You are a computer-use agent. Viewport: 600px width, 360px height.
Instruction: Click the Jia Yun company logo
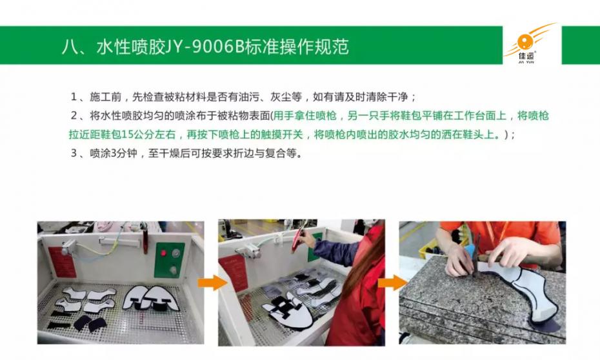tap(531, 45)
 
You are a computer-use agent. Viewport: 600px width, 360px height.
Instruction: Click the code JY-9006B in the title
tap(205, 47)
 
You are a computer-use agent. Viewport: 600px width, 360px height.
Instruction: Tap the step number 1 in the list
tap(74, 97)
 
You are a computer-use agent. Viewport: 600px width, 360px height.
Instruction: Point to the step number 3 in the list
tap(74, 154)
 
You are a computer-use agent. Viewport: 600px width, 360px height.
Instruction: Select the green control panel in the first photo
tap(169, 260)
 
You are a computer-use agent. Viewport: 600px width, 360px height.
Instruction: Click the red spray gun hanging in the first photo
tap(145, 240)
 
